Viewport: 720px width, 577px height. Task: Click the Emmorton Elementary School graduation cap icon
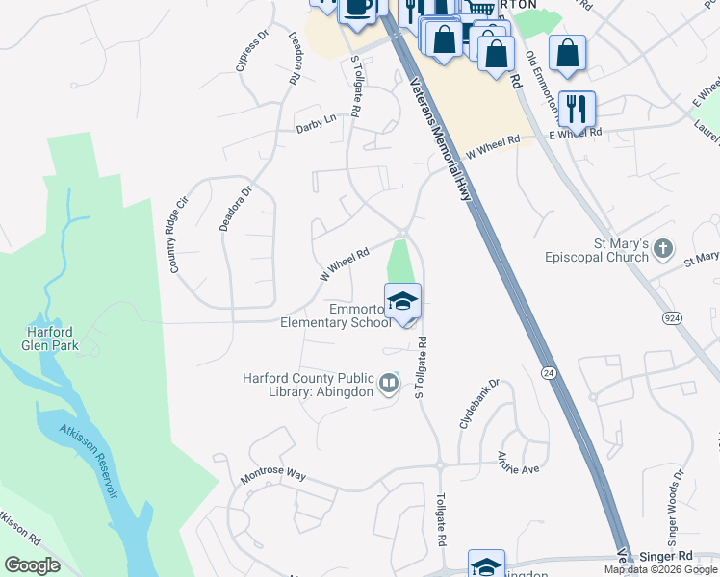pyautogui.click(x=403, y=301)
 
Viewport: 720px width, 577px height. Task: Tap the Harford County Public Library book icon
pyautogui.click(x=389, y=385)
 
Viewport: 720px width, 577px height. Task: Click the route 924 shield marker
pyautogui.click(x=673, y=316)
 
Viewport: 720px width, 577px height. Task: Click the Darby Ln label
pyautogui.click(x=316, y=119)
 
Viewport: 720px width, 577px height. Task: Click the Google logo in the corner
pyautogui.click(x=33, y=565)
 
